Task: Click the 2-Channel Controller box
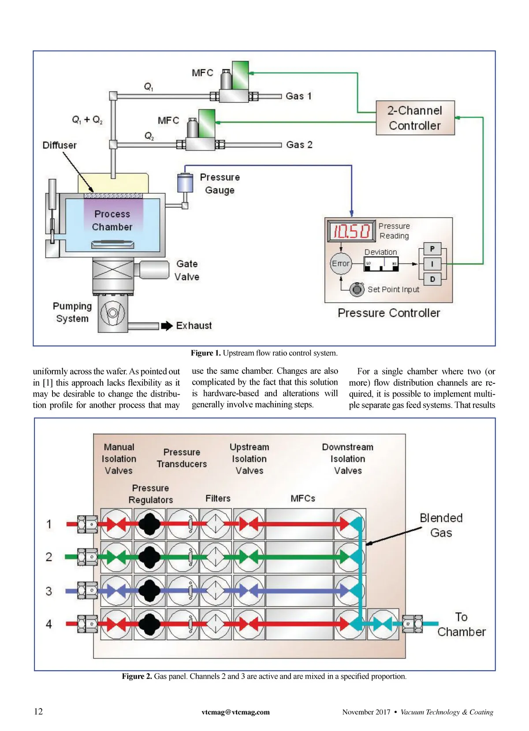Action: [x=415, y=118]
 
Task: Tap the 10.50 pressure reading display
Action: [x=351, y=231]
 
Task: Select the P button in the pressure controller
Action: [x=432, y=249]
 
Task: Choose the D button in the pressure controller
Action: [x=432, y=279]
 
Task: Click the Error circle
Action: [x=340, y=264]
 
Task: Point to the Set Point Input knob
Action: [x=357, y=289]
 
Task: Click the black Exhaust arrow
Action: [x=167, y=326]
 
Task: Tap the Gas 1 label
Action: [x=298, y=96]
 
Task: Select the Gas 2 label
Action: [x=299, y=145]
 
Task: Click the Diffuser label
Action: [x=60, y=145]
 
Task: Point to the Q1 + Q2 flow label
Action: [x=87, y=120]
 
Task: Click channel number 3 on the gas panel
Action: [x=49, y=591]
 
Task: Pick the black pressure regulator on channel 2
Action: [x=150, y=557]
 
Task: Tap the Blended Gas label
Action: [x=441, y=525]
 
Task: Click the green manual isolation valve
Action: [x=116, y=557]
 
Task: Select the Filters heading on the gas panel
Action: [x=218, y=498]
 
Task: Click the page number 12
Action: [x=38, y=711]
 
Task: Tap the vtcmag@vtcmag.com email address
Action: [x=235, y=712]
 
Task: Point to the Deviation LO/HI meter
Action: [x=381, y=264]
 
